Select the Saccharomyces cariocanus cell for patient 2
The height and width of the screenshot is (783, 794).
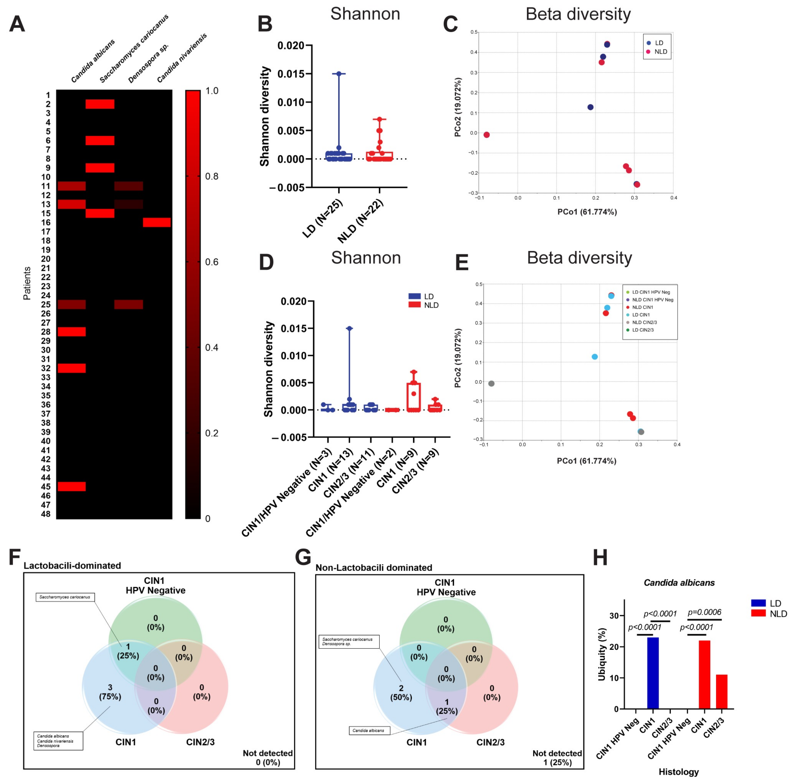[x=100, y=104]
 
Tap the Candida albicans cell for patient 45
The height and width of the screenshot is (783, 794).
[x=72, y=486]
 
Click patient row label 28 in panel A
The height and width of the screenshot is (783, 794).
[x=46, y=331]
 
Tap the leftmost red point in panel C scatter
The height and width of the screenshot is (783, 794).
[x=487, y=135]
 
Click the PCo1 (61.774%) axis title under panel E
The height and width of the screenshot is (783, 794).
[x=586, y=461]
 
